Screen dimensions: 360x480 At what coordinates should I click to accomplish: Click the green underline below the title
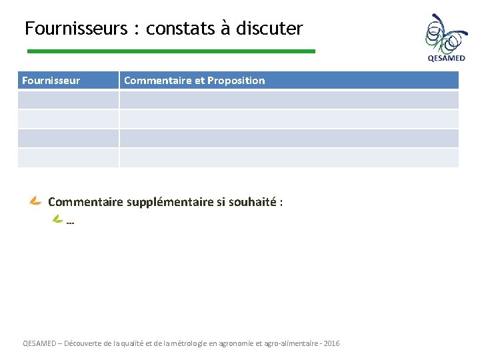[171, 51]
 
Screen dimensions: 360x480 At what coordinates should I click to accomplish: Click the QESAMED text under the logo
[446, 58]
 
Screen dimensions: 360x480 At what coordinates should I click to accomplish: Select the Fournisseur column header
[51, 81]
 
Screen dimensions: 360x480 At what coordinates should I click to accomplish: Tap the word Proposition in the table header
[236, 81]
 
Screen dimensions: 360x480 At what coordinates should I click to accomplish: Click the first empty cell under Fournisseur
[68, 100]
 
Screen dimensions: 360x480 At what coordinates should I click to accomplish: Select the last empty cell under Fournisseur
[68, 157]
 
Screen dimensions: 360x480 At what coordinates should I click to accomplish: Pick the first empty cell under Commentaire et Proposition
[289, 100]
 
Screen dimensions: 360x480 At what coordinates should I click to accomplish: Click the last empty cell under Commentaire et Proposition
[289, 157]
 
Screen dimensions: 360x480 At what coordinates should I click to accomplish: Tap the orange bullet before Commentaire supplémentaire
[36, 201]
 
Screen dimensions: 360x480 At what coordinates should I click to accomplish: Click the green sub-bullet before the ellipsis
[58, 219]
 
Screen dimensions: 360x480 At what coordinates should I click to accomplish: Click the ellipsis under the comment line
[71, 223]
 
